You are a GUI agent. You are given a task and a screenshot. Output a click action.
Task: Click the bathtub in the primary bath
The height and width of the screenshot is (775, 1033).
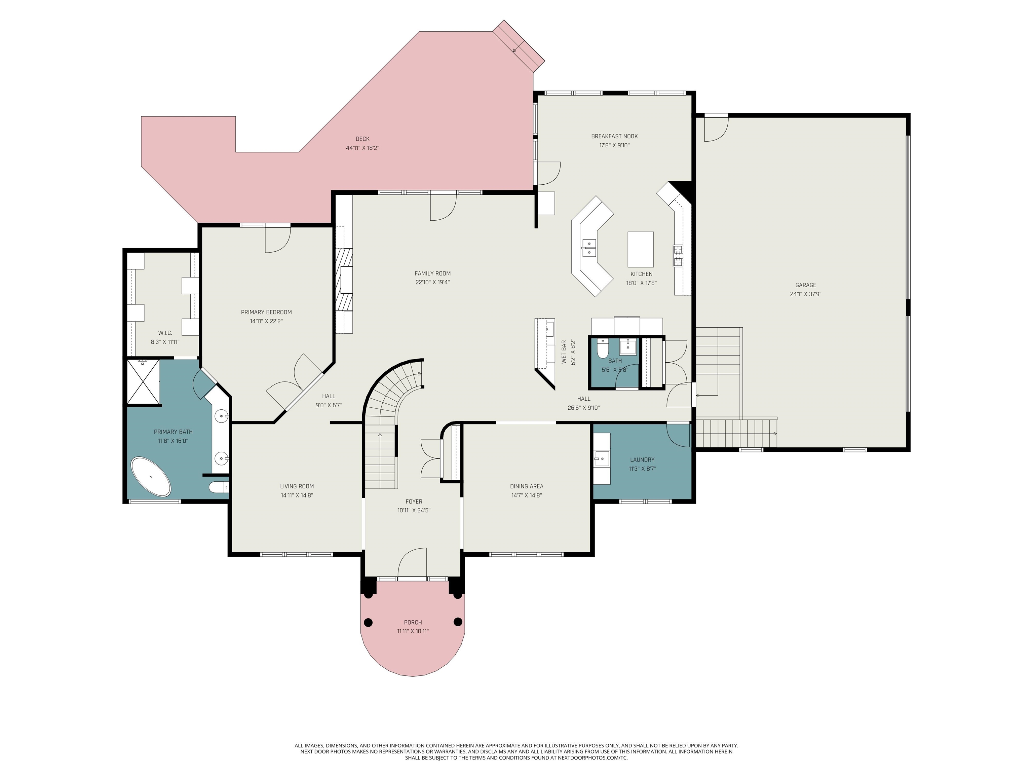(150, 477)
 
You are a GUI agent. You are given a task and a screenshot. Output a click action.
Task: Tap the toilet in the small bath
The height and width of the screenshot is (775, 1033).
(603, 348)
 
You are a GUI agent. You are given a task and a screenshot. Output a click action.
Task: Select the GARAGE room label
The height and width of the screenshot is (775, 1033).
(806, 285)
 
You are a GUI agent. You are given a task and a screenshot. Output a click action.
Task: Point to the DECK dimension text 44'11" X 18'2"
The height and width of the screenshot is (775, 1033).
(362, 148)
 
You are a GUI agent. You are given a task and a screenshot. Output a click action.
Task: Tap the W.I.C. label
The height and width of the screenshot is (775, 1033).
(165, 333)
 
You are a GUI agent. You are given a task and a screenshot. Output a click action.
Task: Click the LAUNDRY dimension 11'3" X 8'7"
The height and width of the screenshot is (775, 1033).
(642, 469)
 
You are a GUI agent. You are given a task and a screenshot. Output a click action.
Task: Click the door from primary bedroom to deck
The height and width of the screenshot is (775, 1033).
(277, 239)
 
